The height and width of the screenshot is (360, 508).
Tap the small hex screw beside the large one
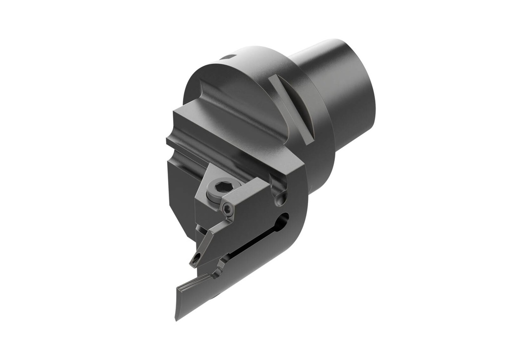point(228,210)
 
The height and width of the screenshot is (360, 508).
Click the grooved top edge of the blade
point(196,286)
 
